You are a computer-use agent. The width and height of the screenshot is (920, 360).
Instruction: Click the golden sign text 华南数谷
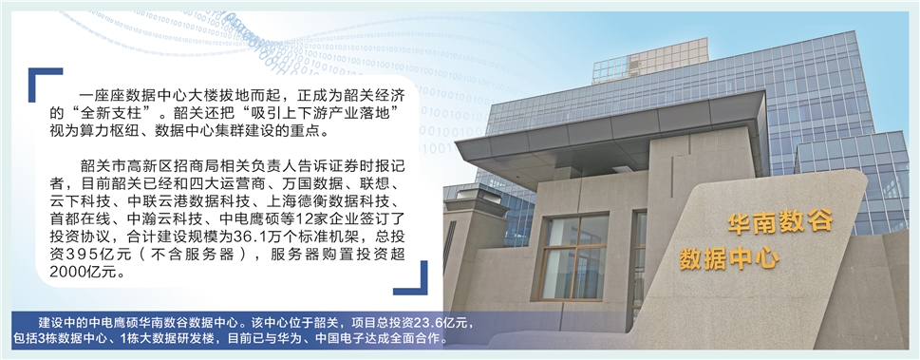click(x=779, y=222)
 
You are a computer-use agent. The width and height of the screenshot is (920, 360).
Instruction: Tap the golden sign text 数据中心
click(x=729, y=257)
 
